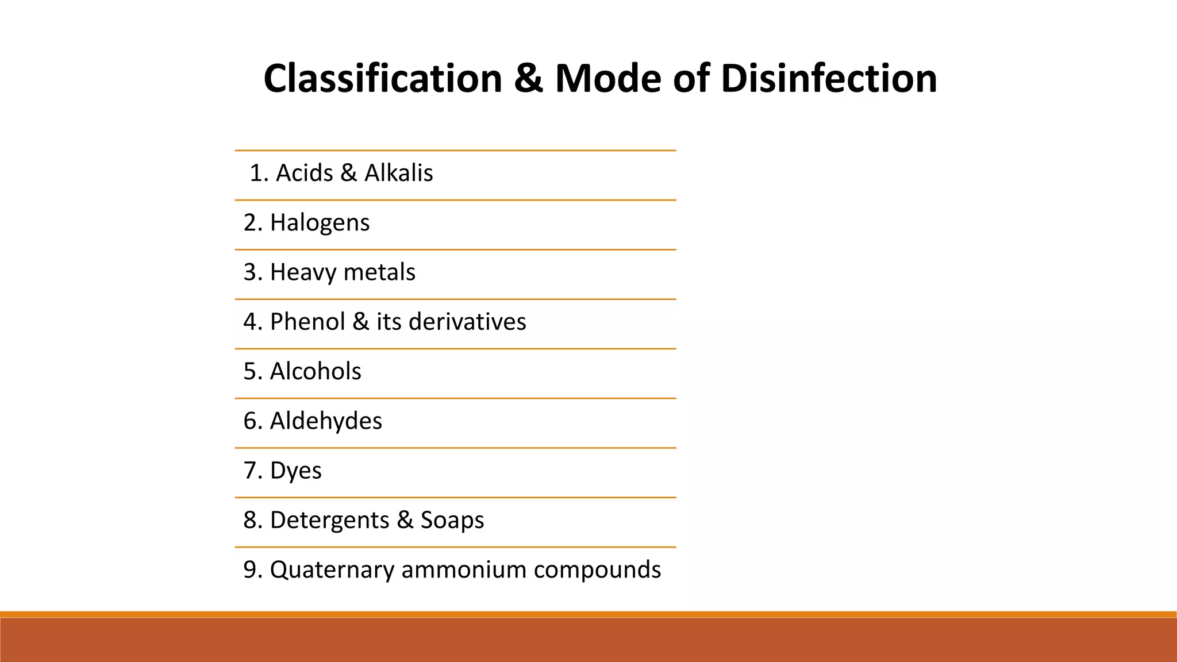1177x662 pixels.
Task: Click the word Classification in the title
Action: pos(383,79)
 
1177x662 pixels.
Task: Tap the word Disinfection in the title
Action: pos(829,79)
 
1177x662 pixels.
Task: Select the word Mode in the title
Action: pos(608,79)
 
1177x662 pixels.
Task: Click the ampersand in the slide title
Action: pos(528,79)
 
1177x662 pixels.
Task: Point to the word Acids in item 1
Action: pos(304,173)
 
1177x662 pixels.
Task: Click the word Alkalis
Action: pos(398,173)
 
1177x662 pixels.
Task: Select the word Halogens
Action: pos(320,223)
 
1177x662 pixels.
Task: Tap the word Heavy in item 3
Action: pos(302,272)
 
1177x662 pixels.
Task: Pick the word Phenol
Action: pos(307,322)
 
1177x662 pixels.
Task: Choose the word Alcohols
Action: pos(316,371)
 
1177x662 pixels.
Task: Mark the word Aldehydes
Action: pos(326,421)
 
